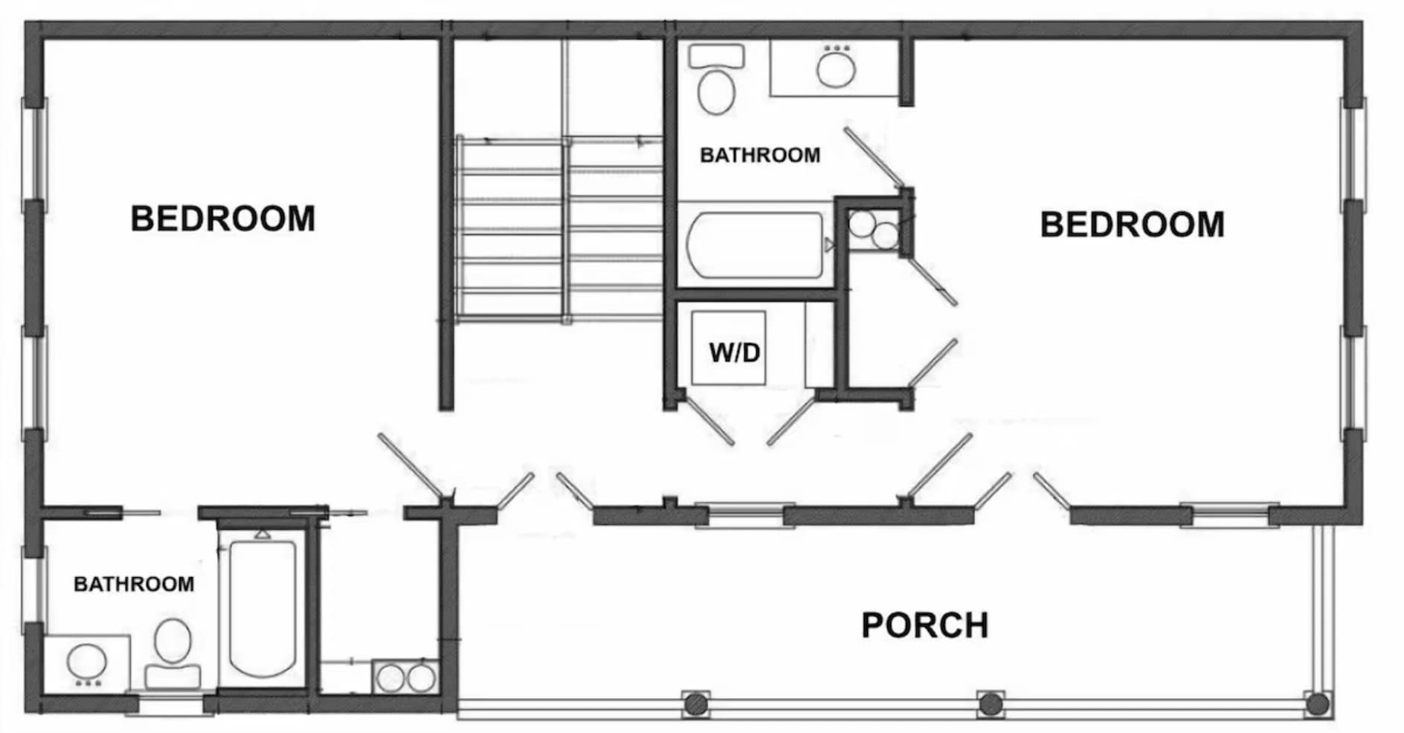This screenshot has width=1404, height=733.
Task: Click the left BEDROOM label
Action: pos(223,219)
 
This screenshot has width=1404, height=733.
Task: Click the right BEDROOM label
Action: pos(1132,225)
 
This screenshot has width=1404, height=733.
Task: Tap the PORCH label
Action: pos(925,625)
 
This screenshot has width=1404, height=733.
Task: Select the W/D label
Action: pos(735,352)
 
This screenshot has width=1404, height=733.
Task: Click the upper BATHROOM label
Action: pos(760,155)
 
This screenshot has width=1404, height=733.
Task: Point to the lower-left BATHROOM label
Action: pos(134,584)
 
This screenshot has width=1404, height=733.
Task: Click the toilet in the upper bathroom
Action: pos(716,79)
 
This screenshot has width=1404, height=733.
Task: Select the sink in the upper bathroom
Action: pos(836,67)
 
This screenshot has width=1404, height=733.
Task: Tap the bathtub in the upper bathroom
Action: pos(756,245)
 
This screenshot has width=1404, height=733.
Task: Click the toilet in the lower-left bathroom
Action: pos(173,653)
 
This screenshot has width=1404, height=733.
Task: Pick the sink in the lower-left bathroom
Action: pos(87,663)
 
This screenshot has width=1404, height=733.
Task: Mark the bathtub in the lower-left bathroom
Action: pos(263,607)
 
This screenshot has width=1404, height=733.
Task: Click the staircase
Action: pos(558,229)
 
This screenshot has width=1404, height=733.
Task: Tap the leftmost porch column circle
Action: pos(695,703)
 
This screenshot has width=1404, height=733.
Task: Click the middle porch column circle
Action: pos(990,703)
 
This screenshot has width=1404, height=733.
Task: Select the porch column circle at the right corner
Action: pos(1317,703)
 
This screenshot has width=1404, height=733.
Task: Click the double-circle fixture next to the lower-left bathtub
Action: pos(405,677)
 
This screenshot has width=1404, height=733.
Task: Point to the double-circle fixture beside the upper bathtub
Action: pos(874,230)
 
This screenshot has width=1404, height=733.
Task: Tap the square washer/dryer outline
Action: pos(729,348)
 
